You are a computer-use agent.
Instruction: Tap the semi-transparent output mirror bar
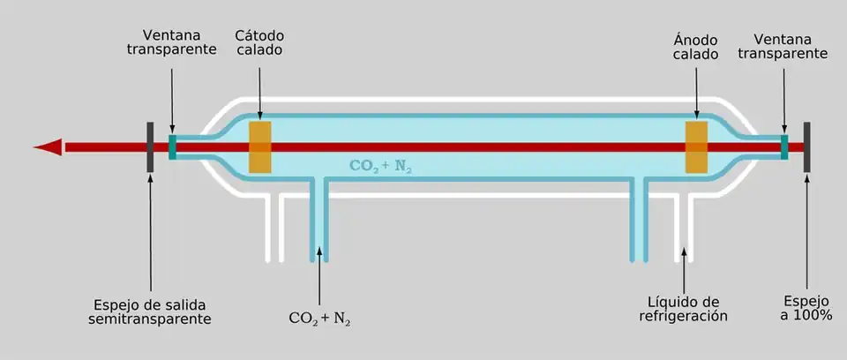coord(151,147)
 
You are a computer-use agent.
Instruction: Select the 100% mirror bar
coord(806,147)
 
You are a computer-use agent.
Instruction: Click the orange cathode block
coord(259,147)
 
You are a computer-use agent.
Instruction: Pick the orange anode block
coord(697,147)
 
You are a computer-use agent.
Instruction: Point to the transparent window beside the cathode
coord(173,147)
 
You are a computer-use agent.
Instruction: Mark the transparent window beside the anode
coord(783,147)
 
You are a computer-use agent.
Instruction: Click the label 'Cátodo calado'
coord(259,43)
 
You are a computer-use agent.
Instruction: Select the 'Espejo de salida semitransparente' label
coord(150,310)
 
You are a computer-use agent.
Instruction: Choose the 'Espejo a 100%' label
coord(807,306)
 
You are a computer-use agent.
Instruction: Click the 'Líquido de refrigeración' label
coord(683,307)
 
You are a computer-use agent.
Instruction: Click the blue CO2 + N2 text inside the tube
coord(381,165)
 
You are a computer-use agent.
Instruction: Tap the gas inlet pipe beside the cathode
coord(319,221)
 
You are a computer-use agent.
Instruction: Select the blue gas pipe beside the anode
coord(639,221)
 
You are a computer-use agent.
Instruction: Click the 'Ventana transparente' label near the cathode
coord(171,43)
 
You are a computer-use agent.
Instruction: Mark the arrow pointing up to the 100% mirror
coord(806,229)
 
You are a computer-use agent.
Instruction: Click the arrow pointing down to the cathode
coord(259,88)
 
